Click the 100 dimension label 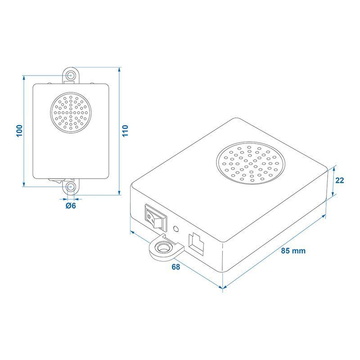coord(19,131)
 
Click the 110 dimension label coord(125,131)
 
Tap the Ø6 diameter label coord(71,206)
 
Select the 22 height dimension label coord(340,180)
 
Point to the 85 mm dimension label coord(293,251)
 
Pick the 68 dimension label coord(176,267)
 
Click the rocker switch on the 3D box coord(156,217)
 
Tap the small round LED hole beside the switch coord(176,229)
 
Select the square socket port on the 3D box coord(196,244)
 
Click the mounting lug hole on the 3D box coord(163,248)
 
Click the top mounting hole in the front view coord(71,75)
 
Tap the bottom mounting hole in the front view coord(71,187)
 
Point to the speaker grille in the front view coord(71,112)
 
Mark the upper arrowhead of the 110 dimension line coord(119,70)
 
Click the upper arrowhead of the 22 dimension coord(334,167)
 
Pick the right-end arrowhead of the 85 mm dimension coord(324,216)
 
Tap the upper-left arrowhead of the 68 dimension coord(132,232)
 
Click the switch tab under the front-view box coord(55,181)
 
